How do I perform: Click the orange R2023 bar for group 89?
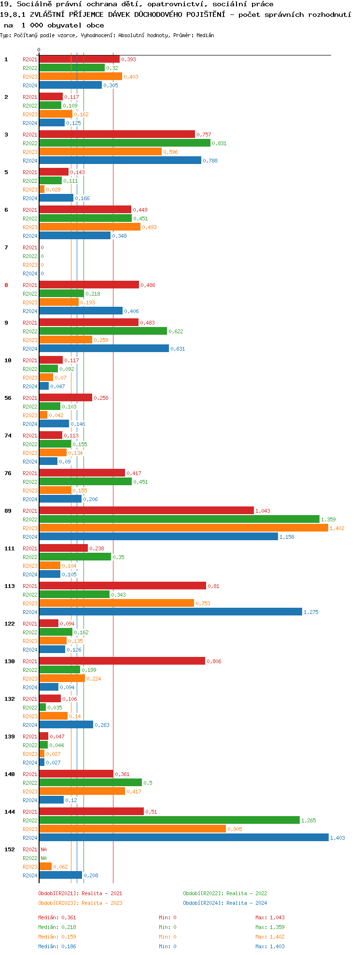pos(183,528)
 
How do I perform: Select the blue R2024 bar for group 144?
pos(183,838)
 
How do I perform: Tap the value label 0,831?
pos(219,143)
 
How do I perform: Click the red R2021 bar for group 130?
pos(122,661)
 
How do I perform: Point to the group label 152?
pos(9,849)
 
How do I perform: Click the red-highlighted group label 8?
pos(6,285)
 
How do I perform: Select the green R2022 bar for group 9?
pos(103,331)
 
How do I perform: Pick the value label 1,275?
pos(311,612)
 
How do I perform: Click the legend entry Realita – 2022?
pos(225,893)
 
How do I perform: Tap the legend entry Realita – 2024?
pos(225,903)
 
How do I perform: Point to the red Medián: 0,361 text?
pos(57,917)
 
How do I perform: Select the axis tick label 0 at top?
pos(39,50)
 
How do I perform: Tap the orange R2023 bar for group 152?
pos(45,867)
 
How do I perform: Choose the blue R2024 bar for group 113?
pos(170,612)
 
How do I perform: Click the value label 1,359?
pos(328,519)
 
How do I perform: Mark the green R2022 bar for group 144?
pos(169,820)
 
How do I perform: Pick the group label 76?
pos(8,473)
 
